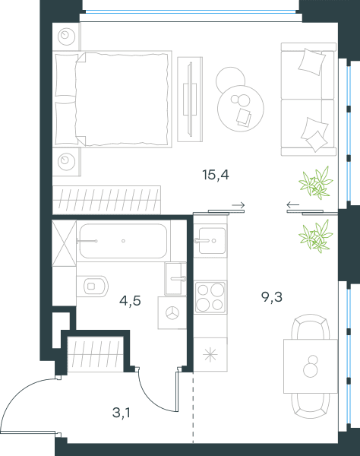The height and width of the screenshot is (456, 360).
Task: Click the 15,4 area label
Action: pyautogui.click(x=216, y=175)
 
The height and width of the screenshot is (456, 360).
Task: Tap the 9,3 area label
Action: pyautogui.click(x=272, y=297)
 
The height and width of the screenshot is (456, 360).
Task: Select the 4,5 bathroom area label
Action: pyautogui.click(x=130, y=301)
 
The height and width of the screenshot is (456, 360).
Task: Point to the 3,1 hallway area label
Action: pyautogui.click(x=122, y=413)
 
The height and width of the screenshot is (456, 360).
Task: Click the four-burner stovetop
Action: pyautogui.click(x=210, y=297)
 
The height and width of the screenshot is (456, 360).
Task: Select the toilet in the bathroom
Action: pyautogui.click(x=93, y=287)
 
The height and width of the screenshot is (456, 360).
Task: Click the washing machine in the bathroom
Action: pyautogui.click(x=172, y=313)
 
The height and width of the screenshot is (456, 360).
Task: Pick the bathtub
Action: pyautogui.click(x=123, y=241)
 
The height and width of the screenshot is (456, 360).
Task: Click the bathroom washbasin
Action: pyautogui.click(x=175, y=279)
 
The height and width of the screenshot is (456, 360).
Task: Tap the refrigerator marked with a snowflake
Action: pyautogui.click(x=210, y=354)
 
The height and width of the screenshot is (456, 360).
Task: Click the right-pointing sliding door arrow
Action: pyautogui.click(x=238, y=205)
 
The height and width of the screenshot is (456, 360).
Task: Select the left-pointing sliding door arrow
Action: pyautogui.click(x=293, y=205)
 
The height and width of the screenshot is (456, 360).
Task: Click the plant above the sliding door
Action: pyautogui.click(x=315, y=183)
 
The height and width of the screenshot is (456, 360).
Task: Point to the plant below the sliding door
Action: pyautogui.click(x=315, y=236)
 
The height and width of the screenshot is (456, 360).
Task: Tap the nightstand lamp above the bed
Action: pyautogui.click(x=66, y=36)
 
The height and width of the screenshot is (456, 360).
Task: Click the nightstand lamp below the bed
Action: pyautogui.click(x=66, y=161)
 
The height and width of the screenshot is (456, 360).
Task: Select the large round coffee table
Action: pyautogui.click(x=241, y=108)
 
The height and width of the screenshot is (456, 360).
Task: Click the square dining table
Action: pyautogui.click(x=311, y=366)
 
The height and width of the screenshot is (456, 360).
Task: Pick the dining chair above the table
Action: pyautogui.click(x=311, y=327)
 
